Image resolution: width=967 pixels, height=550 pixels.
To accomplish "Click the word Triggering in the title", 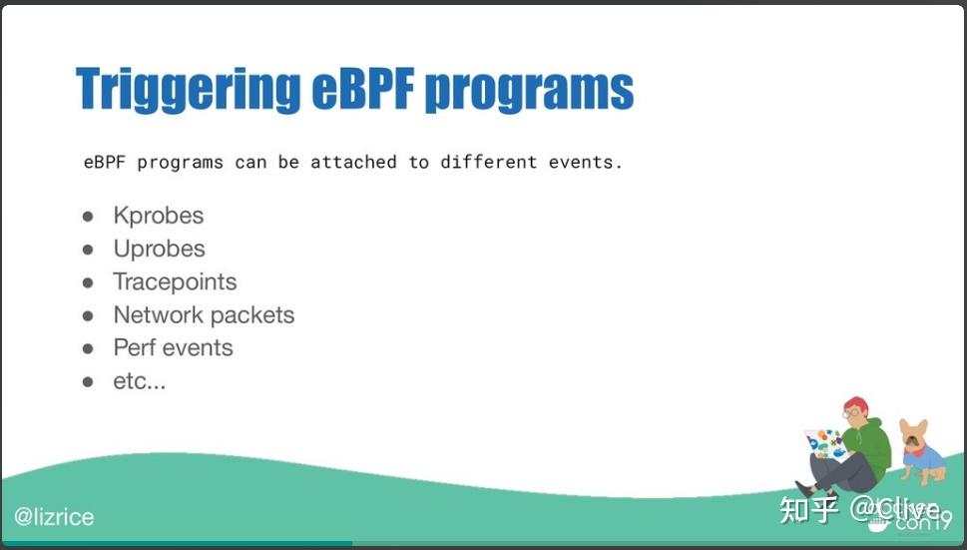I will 187,91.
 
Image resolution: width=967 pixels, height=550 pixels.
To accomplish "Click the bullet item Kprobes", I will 158,216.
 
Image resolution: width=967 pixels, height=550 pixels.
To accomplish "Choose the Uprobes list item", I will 159,249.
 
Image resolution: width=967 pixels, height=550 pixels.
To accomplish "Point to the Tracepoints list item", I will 175,282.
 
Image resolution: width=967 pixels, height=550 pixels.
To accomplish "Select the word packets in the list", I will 249,315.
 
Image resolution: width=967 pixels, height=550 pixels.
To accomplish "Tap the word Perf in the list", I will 134,348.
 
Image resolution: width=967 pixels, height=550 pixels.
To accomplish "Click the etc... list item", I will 139,381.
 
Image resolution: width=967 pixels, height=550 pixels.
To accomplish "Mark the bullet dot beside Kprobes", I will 88,217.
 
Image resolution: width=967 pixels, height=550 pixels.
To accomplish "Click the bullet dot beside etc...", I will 88,381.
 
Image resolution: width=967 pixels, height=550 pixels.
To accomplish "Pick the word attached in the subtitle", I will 353,162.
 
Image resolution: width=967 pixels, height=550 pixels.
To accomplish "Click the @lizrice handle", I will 54,517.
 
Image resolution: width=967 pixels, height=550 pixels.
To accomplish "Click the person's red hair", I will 855,403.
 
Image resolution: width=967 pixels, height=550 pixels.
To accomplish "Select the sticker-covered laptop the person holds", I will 825,445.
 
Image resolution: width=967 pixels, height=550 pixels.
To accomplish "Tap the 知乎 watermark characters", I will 808,509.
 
